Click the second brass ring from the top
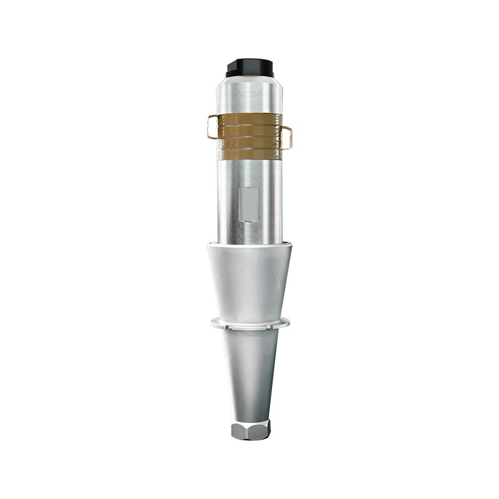tap(250, 130)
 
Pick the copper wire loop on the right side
tap(288, 137)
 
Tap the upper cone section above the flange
tap(249, 281)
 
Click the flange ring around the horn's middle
tap(249, 324)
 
